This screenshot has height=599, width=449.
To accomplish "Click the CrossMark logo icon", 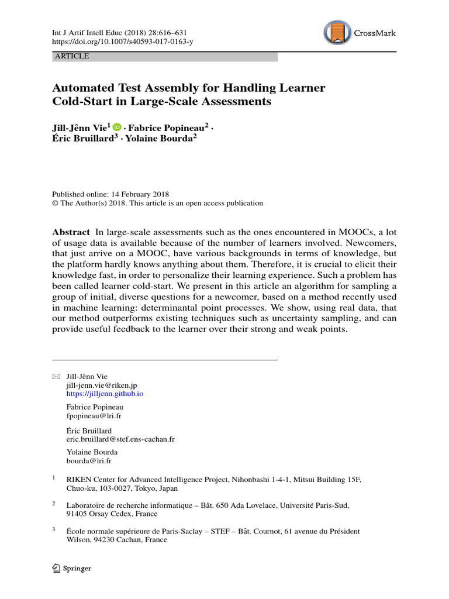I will [x=337, y=33].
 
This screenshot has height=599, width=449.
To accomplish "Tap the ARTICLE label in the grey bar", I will [x=71, y=56].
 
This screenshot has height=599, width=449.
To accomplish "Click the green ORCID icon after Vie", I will [x=117, y=126].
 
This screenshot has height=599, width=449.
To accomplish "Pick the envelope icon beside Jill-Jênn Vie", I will [x=56, y=376].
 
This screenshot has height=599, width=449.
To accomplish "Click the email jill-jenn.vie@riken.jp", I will [x=102, y=385].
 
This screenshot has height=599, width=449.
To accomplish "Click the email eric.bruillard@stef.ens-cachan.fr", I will [x=121, y=438].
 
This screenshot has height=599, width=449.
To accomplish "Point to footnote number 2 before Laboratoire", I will [x=54, y=502].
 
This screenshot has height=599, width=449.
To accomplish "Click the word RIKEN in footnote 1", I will [x=80, y=479].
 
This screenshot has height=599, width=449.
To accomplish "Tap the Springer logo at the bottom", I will [x=72, y=568].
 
